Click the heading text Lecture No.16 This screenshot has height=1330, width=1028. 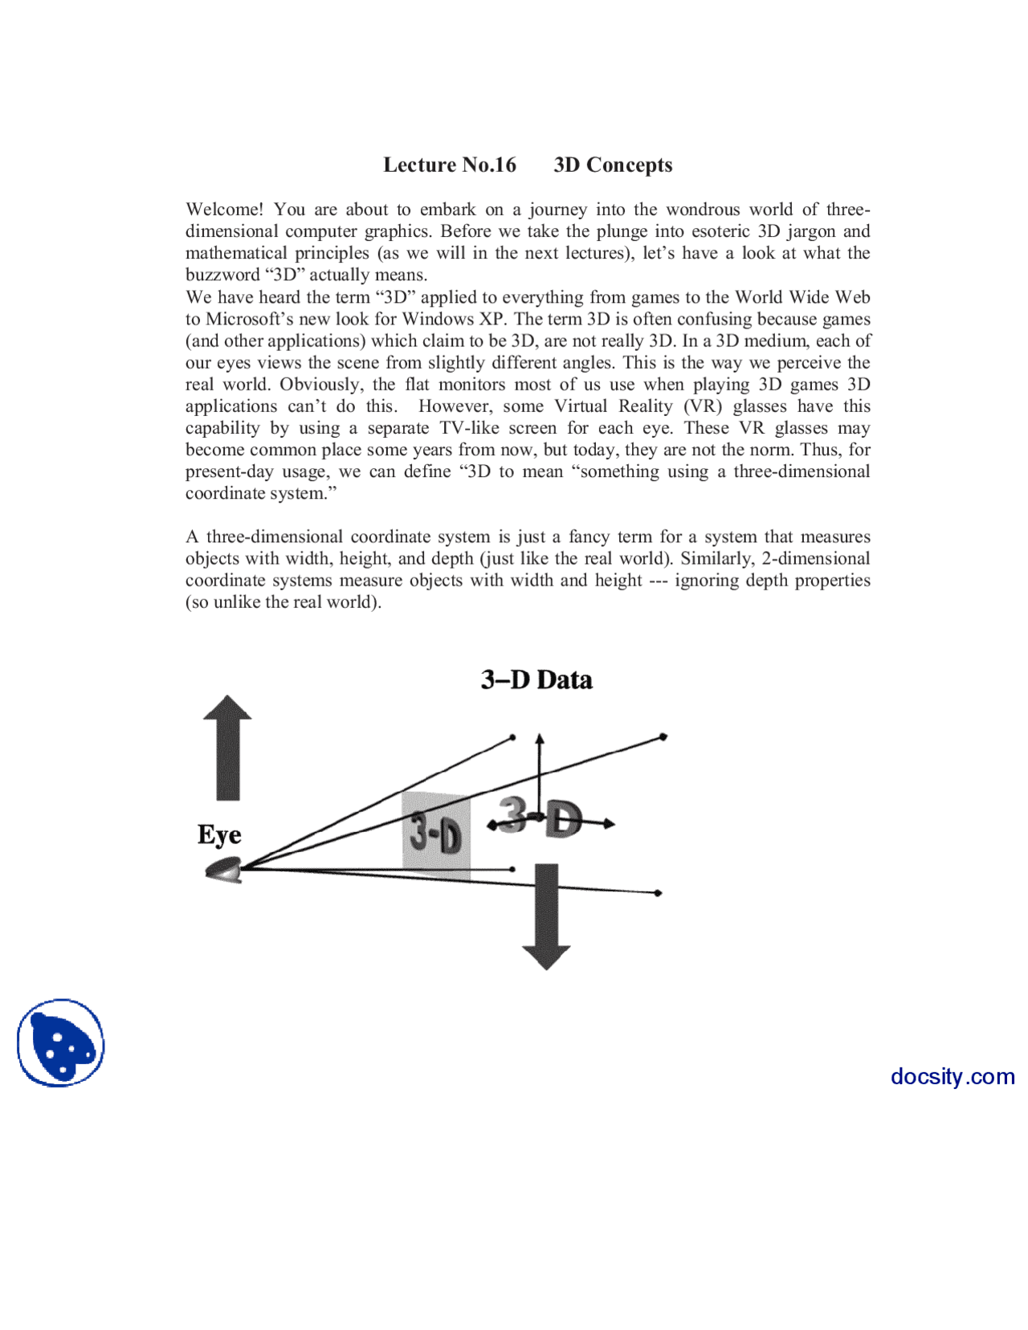(x=449, y=165)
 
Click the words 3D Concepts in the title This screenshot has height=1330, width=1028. (x=613, y=165)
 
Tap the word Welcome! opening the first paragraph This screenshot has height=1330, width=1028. (x=224, y=210)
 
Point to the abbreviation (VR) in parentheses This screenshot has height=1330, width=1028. (x=703, y=406)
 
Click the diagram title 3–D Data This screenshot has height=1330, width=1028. (x=536, y=679)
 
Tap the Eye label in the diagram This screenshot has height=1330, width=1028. (x=219, y=834)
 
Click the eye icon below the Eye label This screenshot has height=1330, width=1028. (x=224, y=870)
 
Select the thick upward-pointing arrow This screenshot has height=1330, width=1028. (x=227, y=747)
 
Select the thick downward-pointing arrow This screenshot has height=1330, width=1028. (x=546, y=916)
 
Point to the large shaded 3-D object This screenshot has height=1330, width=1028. (x=541, y=818)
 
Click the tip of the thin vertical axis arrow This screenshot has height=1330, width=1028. (x=540, y=736)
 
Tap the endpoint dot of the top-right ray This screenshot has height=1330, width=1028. (x=663, y=736)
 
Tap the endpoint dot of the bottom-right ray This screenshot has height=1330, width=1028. (x=658, y=893)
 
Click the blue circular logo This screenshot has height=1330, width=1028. (x=61, y=1042)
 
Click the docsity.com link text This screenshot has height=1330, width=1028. (x=953, y=1076)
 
